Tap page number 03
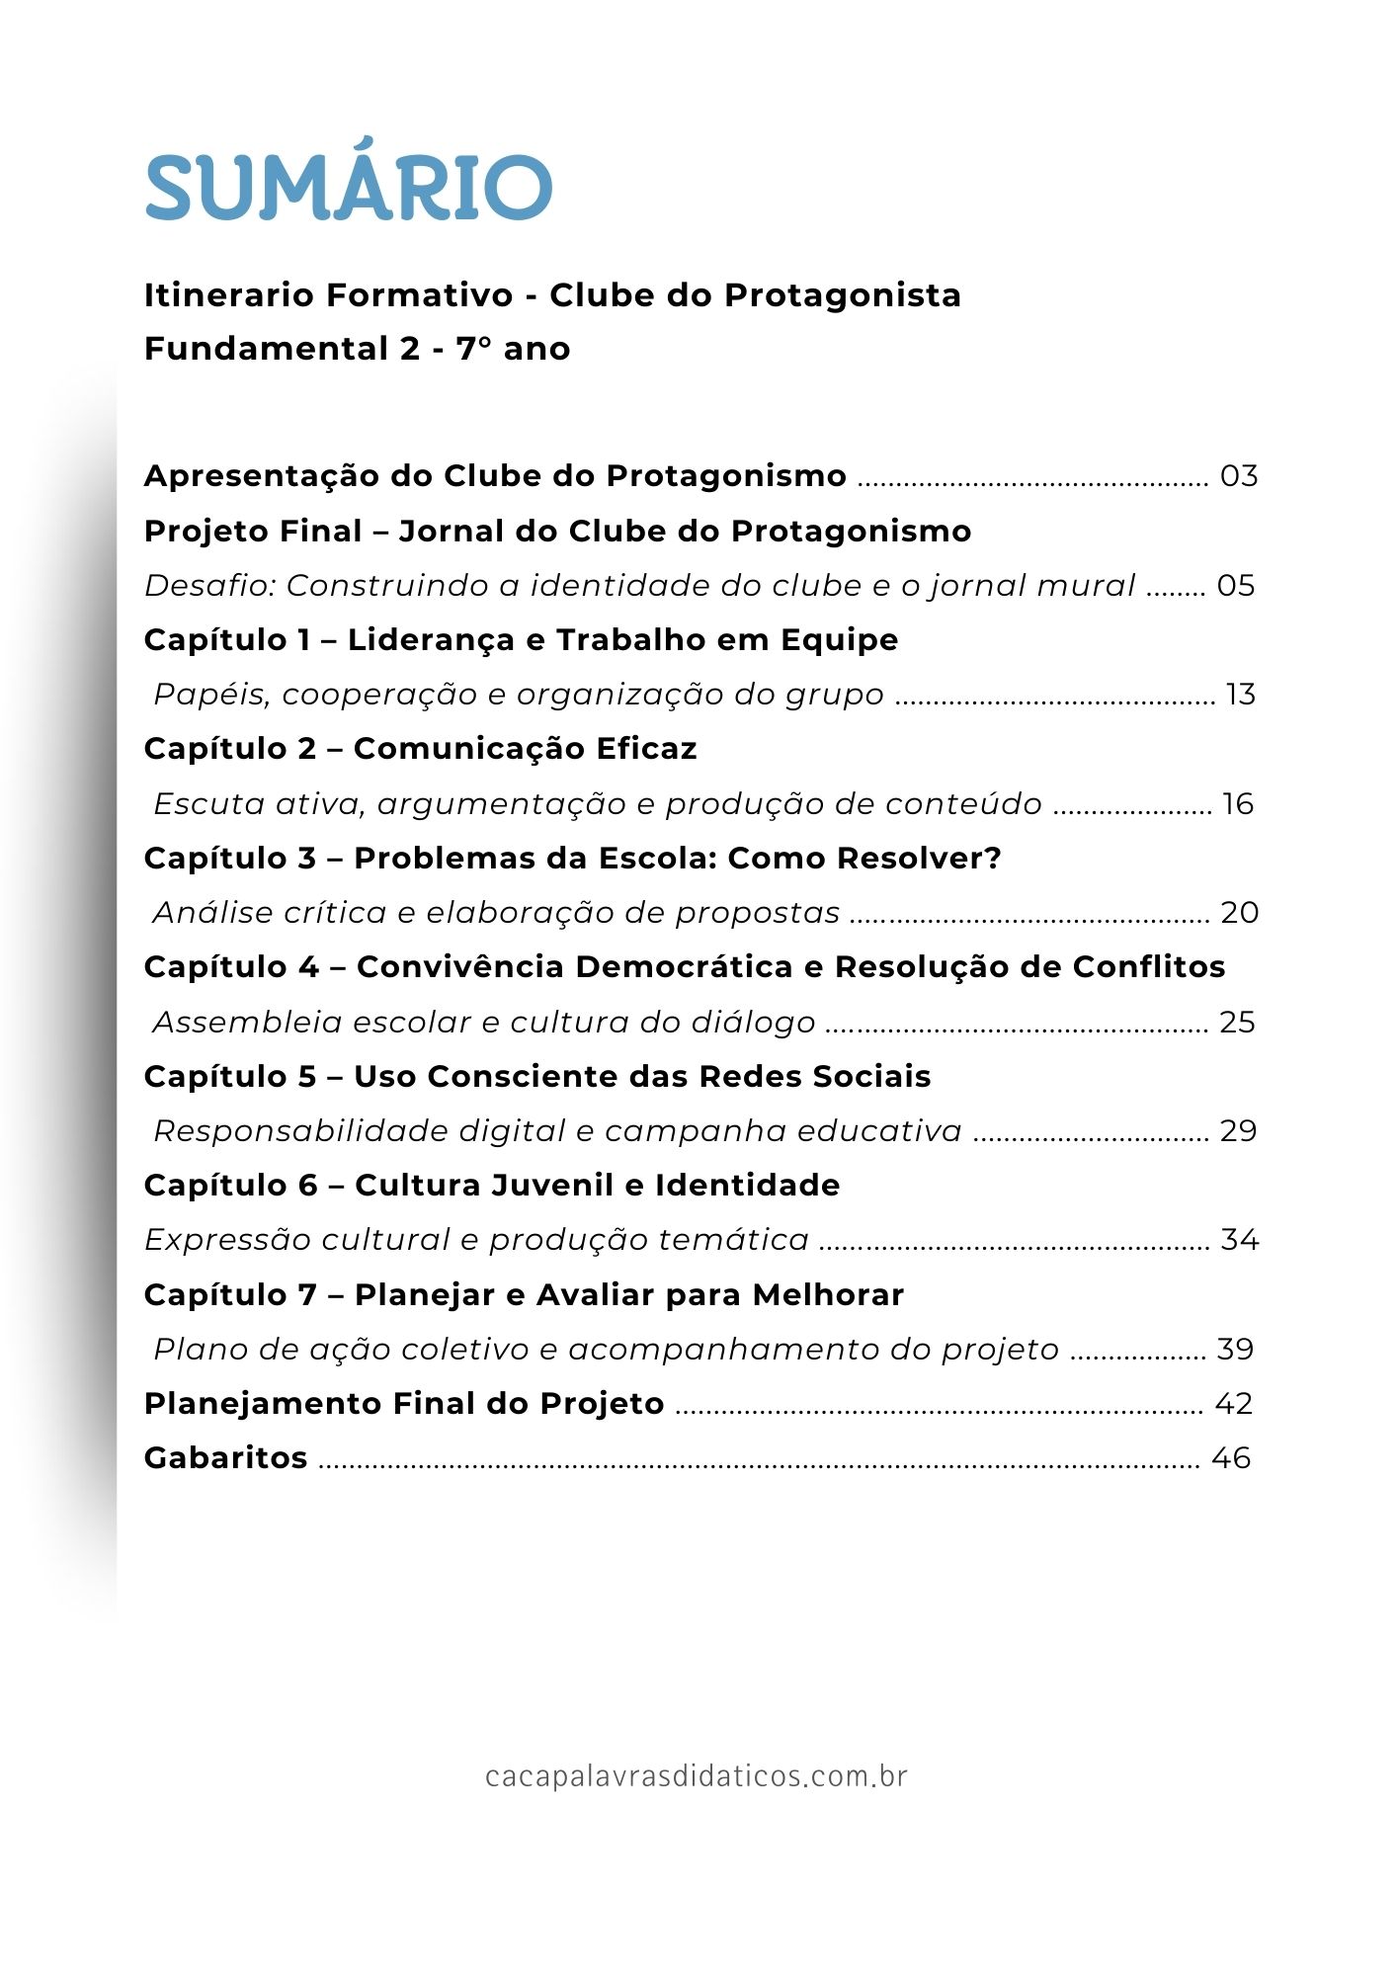tap(1239, 476)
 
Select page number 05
tap(1236, 586)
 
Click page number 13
tap(1241, 695)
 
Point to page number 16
tap(1238, 804)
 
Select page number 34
tap(1240, 1240)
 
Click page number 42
tap(1234, 1404)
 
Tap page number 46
tap(1232, 1458)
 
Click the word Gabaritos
tap(225, 1458)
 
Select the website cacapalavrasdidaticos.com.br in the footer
tap(697, 1776)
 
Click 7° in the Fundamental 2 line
tap(474, 349)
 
